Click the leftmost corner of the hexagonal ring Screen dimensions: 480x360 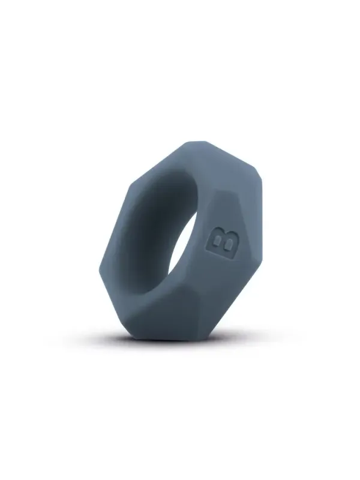[100, 265]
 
